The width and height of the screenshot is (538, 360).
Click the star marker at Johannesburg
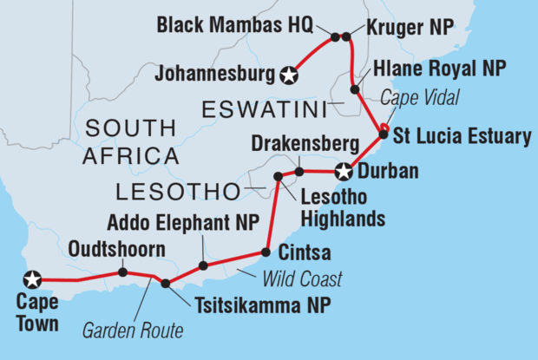(x=288, y=76)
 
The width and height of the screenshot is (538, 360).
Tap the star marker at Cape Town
(x=33, y=279)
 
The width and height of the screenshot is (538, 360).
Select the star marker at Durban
(x=345, y=171)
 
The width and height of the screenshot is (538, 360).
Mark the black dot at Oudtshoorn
(x=122, y=272)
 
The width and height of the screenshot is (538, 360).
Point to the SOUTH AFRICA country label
(x=132, y=144)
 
